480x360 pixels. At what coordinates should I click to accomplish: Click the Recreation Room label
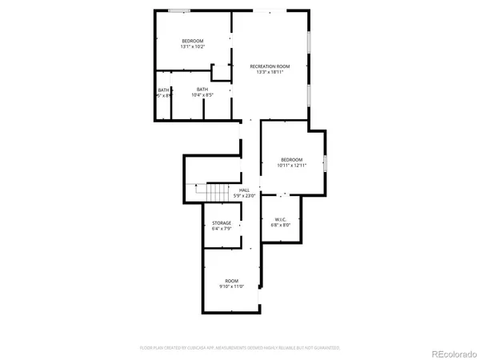pos(269,66)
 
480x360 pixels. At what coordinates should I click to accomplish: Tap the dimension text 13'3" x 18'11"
pos(270,72)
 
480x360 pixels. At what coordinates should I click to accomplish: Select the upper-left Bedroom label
pos(192,41)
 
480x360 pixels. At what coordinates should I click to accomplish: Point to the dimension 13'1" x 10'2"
pos(192,47)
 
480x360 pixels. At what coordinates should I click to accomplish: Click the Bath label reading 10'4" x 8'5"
pos(202,89)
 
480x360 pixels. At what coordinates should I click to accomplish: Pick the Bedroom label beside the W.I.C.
pos(290,159)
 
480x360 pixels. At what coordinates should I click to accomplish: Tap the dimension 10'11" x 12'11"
pos(291,166)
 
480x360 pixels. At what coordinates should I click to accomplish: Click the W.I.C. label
pos(281,219)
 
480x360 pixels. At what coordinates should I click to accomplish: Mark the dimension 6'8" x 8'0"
pos(281,226)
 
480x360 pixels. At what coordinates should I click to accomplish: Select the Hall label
pos(244,190)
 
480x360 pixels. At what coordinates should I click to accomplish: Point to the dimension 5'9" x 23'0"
pos(244,196)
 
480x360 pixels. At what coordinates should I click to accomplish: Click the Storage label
pos(222,222)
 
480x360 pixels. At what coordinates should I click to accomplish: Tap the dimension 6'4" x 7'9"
pos(222,229)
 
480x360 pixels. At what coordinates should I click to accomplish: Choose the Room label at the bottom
pos(231,280)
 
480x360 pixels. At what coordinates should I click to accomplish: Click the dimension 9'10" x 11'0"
pos(231,286)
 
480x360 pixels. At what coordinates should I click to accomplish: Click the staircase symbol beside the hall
pos(217,193)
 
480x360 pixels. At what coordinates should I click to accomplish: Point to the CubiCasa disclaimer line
pos(239,348)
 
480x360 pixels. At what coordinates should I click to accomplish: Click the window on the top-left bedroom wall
pos(179,10)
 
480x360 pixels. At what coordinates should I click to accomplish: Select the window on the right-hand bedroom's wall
pos(325,162)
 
